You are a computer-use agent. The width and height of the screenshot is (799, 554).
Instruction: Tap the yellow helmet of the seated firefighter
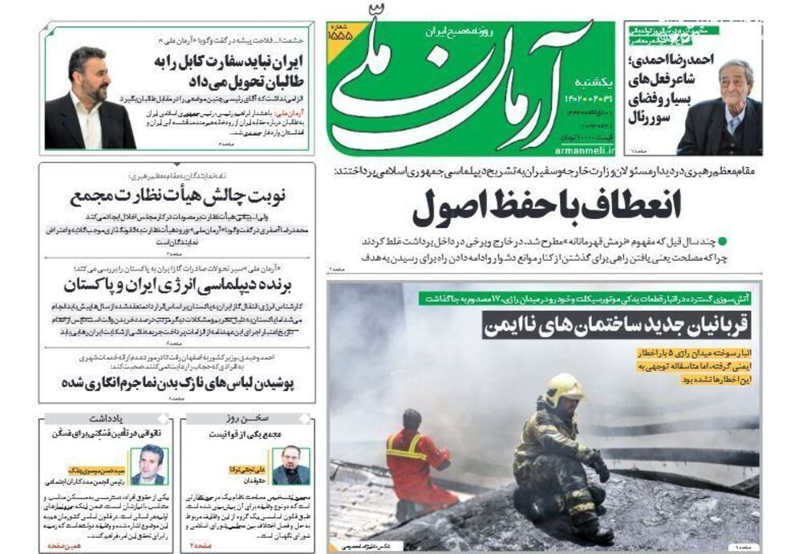coord(565,389)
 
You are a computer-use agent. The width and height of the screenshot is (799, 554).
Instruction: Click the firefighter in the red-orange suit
coord(416,462)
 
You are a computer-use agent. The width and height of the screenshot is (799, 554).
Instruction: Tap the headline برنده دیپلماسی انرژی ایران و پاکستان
coord(178,286)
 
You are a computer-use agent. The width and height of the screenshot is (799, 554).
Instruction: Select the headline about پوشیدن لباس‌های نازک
coord(178,382)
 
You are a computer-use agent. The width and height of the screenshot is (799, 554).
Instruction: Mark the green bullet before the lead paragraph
coord(722,240)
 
